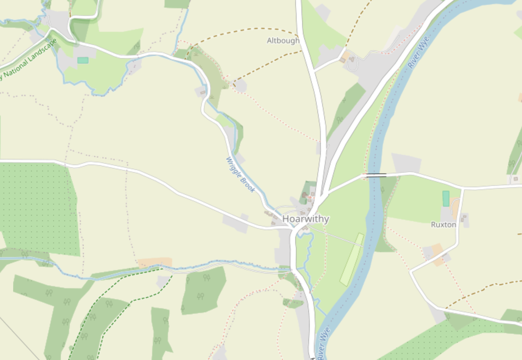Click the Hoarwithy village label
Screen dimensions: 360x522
click(306, 219)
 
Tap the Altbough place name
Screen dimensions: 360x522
click(283, 40)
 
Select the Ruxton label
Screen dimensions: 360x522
click(443, 225)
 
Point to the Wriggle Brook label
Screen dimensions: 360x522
click(240, 175)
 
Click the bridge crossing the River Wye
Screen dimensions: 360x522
click(376, 176)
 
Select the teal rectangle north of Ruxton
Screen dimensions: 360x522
click(446, 199)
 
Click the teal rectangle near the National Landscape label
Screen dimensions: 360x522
click(83, 60)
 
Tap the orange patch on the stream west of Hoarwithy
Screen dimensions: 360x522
click(155, 263)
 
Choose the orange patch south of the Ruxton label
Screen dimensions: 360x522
click(438, 254)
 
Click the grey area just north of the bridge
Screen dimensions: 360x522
click(407, 162)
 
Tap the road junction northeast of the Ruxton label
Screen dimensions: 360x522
click(463, 188)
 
